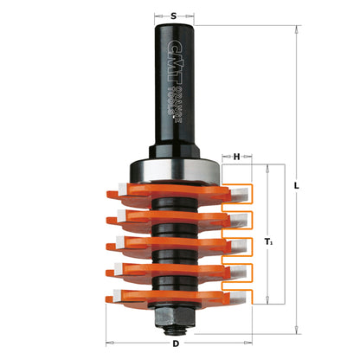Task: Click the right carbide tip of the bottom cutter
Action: click(x=235, y=299)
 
